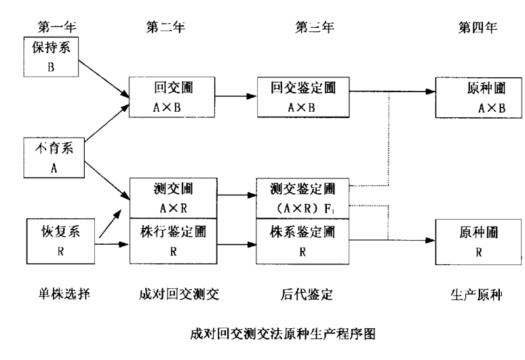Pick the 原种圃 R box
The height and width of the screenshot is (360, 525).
click(x=479, y=240)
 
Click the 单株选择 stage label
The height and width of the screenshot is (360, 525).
click(x=55, y=293)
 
